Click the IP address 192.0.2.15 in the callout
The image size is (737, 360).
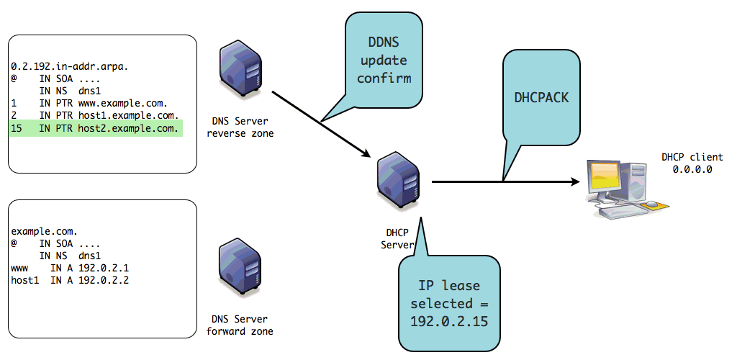[449, 320]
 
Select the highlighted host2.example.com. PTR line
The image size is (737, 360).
[94, 129]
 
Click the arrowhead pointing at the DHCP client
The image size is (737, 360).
[576, 182]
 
